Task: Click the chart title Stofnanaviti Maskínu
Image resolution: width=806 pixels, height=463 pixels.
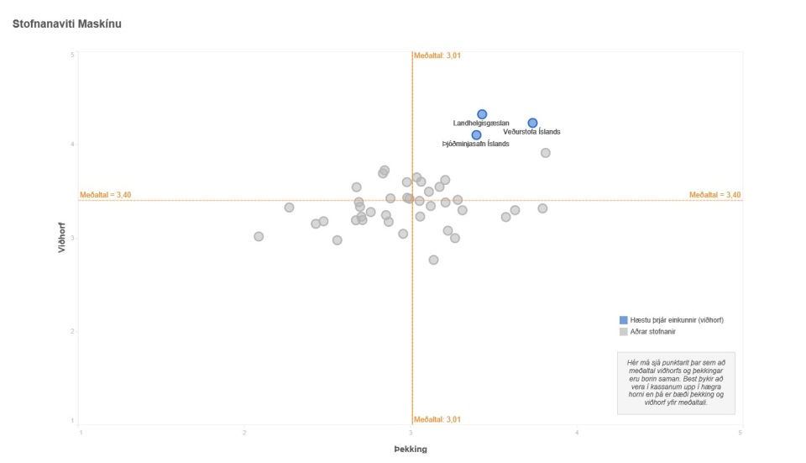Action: tap(67, 24)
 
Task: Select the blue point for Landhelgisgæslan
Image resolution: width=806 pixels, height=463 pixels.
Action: tap(482, 114)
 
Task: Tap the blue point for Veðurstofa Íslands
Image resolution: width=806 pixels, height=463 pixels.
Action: tap(532, 123)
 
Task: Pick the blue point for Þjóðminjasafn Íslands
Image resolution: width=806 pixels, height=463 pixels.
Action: tap(476, 135)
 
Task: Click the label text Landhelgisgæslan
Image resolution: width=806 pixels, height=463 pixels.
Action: tap(481, 124)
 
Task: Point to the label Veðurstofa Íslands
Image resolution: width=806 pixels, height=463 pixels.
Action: tap(531, 132)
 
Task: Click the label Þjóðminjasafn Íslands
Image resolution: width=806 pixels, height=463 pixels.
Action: tap(475, 145)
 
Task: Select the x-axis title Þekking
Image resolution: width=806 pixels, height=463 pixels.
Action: tap(411, 450)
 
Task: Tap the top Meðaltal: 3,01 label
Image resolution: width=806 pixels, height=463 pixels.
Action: tap(437, 56)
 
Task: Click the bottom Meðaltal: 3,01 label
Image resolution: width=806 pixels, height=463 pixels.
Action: tap(437, 419)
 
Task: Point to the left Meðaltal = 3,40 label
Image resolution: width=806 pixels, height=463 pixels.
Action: tap(106, 195)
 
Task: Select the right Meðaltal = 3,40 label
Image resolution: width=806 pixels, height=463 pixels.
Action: tap(714, 195)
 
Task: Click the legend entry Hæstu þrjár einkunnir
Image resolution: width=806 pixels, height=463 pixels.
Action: tap(677, 320)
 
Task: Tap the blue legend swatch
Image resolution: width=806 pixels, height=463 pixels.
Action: tap(623, 320)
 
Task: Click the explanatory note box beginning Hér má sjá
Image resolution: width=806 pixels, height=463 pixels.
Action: tap(676, 382)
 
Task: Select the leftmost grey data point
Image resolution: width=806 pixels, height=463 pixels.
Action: tap(259, 237)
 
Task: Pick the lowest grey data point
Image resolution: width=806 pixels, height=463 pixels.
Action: tap(433, 260)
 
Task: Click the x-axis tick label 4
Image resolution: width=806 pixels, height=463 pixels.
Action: tap(577, 433)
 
